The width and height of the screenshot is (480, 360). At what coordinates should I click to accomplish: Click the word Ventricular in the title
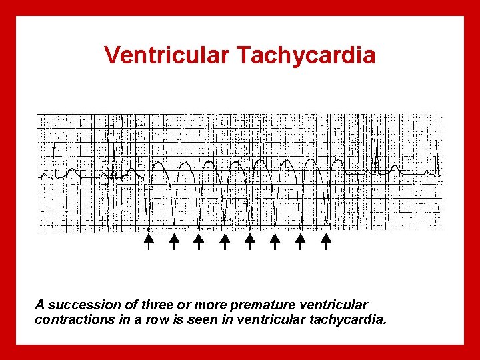pyautogui.click(x=166, y=55)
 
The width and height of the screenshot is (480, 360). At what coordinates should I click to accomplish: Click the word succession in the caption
pyautogui.click(x=77, y=305)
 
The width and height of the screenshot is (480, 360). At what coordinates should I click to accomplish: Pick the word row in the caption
pyautogui.click(x=149, y=319)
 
